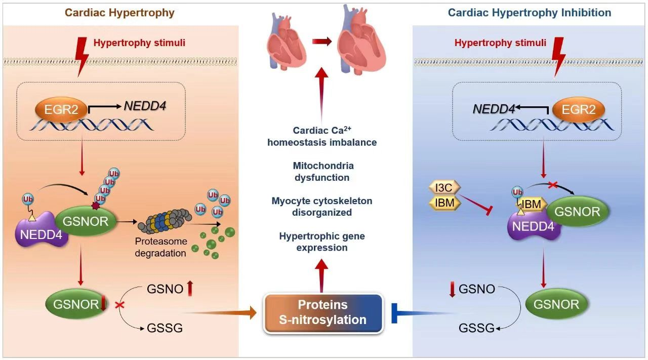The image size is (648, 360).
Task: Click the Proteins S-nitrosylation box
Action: [x=323, y=312]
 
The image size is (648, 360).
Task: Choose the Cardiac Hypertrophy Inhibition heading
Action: [x=530, y=13]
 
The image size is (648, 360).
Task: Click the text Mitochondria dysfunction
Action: [x=323, y=172]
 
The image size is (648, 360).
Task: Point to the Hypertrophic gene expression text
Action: [x=322, y=242]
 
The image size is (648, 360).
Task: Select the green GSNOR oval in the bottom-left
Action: [x=75, y=304]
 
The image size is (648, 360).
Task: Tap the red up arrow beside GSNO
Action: [x=190, y=289]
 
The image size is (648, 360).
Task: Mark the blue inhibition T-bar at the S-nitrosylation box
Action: [x=397, y=313]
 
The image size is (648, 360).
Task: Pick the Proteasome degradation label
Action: [x=160, y=247]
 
